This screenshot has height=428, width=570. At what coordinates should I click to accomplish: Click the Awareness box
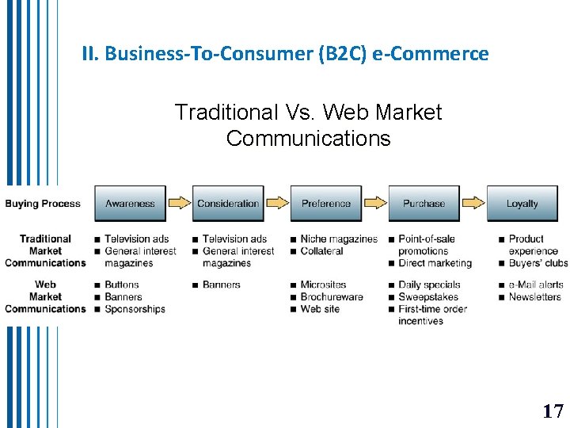130,204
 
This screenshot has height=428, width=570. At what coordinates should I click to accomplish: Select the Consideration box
228,204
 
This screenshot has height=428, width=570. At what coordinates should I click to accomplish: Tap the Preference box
325,204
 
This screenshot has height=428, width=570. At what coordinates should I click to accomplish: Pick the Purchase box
424,204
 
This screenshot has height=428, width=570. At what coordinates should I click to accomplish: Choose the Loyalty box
522,204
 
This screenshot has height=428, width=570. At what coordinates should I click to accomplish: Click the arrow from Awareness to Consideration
180,203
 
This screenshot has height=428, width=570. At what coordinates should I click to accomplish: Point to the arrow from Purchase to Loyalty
473,203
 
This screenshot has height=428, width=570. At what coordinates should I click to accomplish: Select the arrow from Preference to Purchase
375,203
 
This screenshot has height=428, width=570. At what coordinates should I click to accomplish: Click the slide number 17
553,411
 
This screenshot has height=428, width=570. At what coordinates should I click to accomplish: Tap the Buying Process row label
43,204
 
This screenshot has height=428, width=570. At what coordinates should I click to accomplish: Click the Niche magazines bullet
339,239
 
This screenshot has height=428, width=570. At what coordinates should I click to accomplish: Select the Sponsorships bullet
135,309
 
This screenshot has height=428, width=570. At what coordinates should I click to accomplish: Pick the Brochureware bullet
332,297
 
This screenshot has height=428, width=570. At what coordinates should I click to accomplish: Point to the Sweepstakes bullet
428,297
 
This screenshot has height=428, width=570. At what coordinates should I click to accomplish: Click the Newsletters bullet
534,297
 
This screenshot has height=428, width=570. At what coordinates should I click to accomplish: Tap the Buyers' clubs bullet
538,263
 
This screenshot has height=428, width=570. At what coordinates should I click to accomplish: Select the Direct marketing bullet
435,263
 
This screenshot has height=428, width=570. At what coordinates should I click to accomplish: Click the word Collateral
321,251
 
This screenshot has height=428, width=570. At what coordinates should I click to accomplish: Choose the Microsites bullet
323,285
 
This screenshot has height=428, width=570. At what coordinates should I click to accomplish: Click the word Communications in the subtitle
308,139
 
